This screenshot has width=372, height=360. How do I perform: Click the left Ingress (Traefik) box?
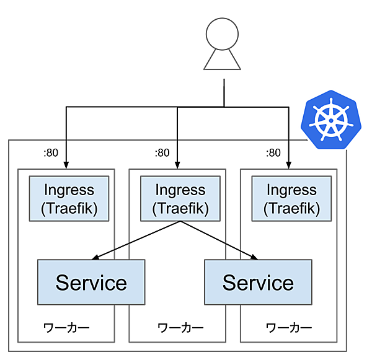[68, 198]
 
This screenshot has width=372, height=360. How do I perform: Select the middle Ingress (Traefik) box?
[180, 198]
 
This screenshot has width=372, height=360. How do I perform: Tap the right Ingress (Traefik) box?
[291, 198]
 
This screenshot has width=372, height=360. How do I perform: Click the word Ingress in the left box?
[68, 190]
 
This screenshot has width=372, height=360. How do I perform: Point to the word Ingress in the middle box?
[180, 190]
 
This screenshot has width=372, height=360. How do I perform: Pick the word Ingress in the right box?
[291, 190]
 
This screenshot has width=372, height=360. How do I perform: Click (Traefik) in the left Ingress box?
[68, 208]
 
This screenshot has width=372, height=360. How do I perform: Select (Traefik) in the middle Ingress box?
[180, 208]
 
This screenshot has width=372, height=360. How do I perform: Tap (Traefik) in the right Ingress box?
[291, 208]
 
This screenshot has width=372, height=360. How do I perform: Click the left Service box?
[91, 283]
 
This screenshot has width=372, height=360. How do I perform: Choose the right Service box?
[258, 283]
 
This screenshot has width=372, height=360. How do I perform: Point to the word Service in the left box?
[91, 283]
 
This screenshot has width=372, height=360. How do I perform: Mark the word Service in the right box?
[258, 283]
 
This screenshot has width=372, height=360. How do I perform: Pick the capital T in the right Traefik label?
[274, 208]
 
